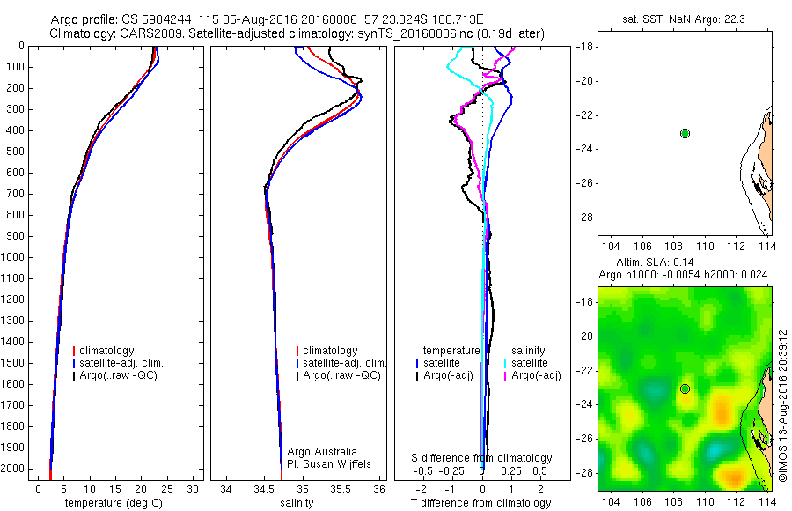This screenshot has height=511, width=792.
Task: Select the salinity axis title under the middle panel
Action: tap(296, 503)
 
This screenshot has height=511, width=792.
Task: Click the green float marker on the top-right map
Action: tap(685, 133)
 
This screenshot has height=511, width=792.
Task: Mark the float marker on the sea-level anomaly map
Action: tap(685, 389)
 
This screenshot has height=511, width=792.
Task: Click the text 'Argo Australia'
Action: tap(323, 451)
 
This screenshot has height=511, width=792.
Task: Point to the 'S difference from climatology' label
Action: tap(482, 458)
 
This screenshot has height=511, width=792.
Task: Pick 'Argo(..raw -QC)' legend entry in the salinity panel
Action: tap(341, 375)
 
